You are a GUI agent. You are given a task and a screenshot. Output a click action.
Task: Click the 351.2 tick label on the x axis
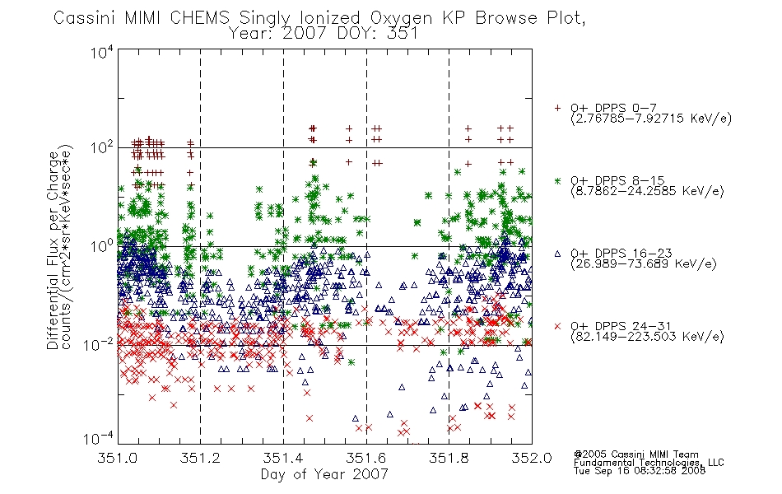(200, 458)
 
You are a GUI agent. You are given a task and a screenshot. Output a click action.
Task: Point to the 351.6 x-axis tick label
(366, 458)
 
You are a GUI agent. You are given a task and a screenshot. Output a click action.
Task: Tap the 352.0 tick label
(532, 458)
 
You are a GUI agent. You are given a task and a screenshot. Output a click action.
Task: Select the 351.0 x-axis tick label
(117, 458)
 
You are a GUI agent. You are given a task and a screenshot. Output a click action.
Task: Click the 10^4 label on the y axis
(102, 52)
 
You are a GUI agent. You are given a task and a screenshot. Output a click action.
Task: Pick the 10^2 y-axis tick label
(102, 147)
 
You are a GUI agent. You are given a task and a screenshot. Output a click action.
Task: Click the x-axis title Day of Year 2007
(324, 474)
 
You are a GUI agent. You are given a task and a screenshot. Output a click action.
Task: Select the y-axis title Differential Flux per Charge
(53, 250)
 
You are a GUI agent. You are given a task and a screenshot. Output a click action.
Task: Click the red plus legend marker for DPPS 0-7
(557, 108)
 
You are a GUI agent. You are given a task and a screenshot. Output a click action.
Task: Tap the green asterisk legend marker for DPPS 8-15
(557, 180)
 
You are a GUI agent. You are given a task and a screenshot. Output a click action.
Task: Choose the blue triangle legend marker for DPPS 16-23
(557, 254)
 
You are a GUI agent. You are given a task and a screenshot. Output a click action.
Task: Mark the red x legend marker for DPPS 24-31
(557, 326)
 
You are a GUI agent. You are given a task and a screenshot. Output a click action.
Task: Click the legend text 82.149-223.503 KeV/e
(647, 337)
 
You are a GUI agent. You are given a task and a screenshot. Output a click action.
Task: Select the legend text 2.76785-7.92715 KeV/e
(651, 119)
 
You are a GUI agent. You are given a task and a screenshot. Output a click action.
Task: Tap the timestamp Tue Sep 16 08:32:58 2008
(640, 471)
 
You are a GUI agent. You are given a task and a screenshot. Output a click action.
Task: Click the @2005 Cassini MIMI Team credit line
(636, 454)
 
